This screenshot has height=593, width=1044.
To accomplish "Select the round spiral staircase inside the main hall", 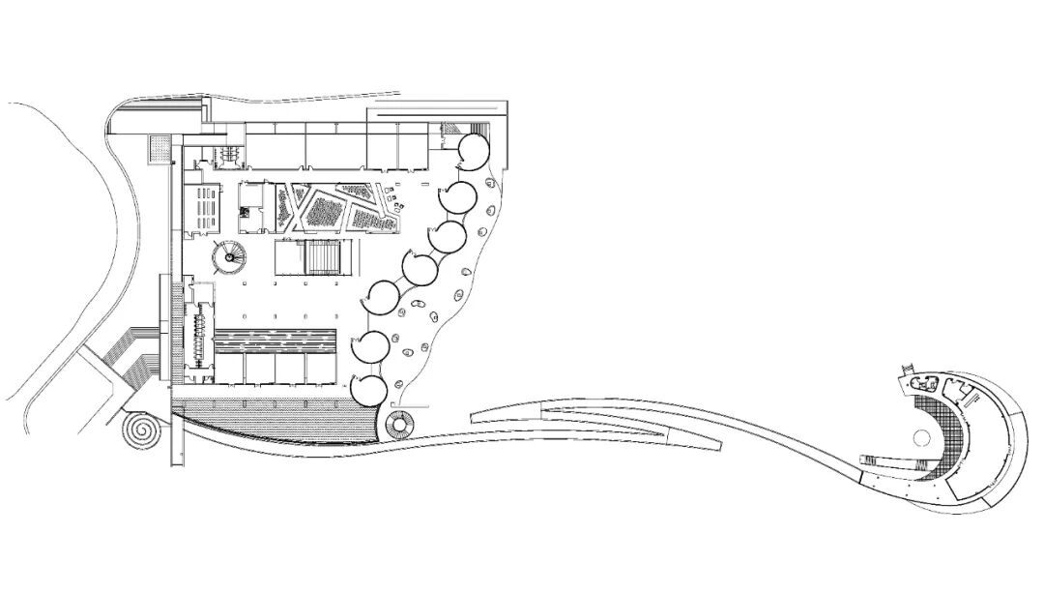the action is tap(230, 258).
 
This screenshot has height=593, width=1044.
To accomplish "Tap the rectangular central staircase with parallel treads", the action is tap(322, 258).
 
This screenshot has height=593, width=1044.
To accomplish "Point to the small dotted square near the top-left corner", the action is tap(159, 148).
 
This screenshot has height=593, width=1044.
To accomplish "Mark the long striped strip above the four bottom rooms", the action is tap(274, 340).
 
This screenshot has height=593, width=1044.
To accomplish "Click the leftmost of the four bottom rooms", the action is tap(229, 371).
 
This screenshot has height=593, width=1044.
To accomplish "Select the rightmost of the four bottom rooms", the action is tap(320, 371).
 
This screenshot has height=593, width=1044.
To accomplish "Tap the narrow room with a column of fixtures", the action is tap(201, 334).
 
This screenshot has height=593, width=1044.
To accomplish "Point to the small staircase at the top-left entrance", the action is tap(229, 154).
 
